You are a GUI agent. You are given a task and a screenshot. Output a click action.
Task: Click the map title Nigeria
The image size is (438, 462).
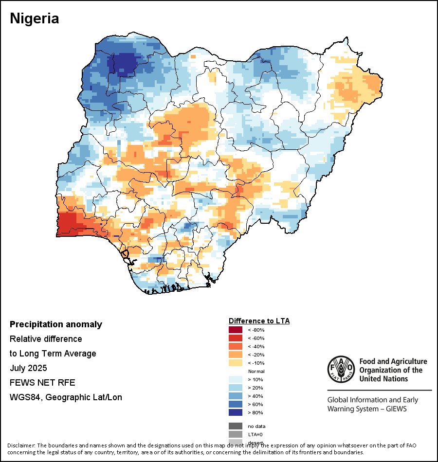point(35,18)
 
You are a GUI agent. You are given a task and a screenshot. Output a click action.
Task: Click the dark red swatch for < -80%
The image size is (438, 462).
point(236,330)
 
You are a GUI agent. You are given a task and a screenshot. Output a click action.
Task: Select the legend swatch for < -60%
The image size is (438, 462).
point(236,338)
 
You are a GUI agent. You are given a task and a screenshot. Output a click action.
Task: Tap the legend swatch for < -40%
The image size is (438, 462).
point(236,347)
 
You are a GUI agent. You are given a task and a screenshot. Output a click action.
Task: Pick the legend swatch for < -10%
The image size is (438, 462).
point(236,363)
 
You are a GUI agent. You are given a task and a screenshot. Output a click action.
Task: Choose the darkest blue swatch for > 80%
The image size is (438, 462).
point(236,412)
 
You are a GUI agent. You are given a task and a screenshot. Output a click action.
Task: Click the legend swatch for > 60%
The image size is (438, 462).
point(236,404)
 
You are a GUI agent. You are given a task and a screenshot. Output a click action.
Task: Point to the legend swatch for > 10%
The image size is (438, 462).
point(236,379)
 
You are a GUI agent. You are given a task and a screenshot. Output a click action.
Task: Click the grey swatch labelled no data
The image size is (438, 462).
point(236,426)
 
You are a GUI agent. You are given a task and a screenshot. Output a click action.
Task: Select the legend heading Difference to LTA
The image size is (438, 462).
point(259,321)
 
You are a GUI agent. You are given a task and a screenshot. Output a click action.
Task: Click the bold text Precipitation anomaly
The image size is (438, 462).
point(56,324)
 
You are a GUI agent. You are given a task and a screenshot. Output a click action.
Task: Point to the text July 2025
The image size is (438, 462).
point(28,368)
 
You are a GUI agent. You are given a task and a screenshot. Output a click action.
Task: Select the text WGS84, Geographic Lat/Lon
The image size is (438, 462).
point(66,397)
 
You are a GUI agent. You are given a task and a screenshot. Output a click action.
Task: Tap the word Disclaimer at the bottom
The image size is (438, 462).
point(21,445)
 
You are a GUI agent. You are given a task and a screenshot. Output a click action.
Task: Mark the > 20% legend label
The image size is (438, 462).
point(255,388)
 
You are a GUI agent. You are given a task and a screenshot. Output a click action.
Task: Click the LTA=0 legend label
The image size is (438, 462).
point(255,434)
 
